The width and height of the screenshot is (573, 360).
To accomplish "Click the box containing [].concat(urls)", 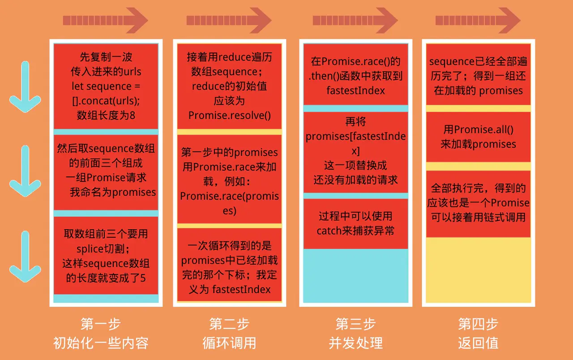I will click(x=106, y=86).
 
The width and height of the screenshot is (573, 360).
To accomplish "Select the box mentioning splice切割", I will click(x=106, y=255).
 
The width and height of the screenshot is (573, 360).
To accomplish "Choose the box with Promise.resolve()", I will click(x=229, y=86).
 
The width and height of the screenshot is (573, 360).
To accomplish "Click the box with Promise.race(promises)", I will click(x=229, y=179).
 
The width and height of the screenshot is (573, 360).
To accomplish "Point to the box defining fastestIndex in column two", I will click(x=229, y=264).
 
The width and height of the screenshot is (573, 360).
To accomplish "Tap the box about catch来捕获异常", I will click(x=355, y=223).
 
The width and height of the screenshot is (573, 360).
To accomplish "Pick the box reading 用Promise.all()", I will click(x=478, y=137).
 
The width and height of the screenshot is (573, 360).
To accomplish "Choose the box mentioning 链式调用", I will click(x=478, y=204).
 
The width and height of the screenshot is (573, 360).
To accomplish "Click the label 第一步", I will click(x=101, y=324).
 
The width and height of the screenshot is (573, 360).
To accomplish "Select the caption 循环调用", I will click(x=229, y=343).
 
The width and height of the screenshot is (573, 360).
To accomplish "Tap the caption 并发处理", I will click(x=355, y=343).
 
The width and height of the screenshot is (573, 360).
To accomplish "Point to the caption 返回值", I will click(x=478, y=343).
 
